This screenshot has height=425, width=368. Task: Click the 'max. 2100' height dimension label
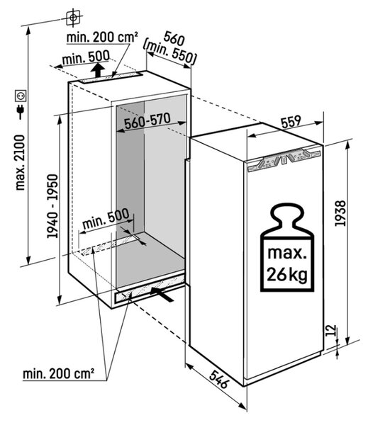[x=21, y=162]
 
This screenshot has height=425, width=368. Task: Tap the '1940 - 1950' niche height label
[x=52, y=206]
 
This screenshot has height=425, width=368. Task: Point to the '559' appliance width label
[x=291, y=122]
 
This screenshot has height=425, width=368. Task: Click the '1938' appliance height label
[x=340, y=213]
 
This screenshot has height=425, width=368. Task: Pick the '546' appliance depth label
[x=219, y=379]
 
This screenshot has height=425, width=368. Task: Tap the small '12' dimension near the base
[x=331, y=330]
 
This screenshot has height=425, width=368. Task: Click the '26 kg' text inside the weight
[x=287, y=274]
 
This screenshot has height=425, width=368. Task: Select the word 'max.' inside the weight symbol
[x=287, y=253]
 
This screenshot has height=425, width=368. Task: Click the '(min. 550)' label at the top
[x=169, y=53]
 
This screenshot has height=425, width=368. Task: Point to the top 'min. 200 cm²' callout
[x=102, y=37]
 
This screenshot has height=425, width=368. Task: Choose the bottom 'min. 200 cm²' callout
[x=59, y=374]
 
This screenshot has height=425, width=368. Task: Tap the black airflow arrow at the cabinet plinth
[x=162, y=295]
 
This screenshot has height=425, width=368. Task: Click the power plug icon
[x=21, y=112]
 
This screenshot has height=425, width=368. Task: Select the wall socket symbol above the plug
[x=21, y=96]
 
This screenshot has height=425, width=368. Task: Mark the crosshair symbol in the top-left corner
[x=73, y=18]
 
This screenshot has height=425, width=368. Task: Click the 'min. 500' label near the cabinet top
[x=86, y=58]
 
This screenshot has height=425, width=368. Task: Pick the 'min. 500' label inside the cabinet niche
[x=106, y=219]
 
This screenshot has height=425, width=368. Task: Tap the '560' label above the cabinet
[x=174, y=38]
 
